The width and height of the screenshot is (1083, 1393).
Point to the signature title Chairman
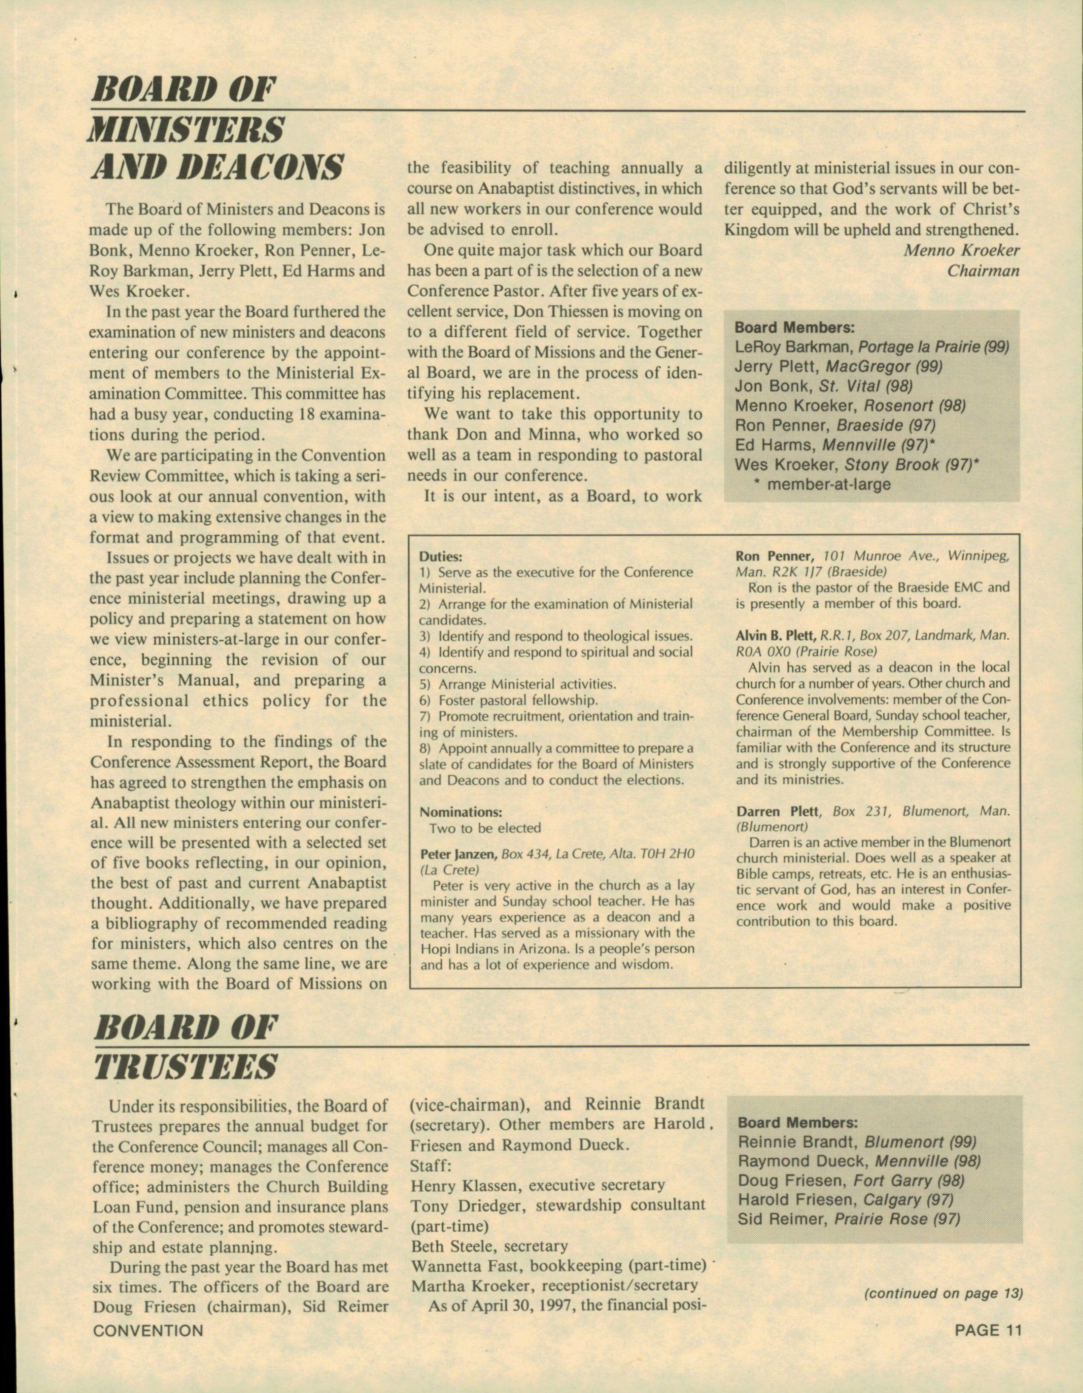983,271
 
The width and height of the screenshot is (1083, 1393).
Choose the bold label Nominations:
461,812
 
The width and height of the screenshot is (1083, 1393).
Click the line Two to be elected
485,828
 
